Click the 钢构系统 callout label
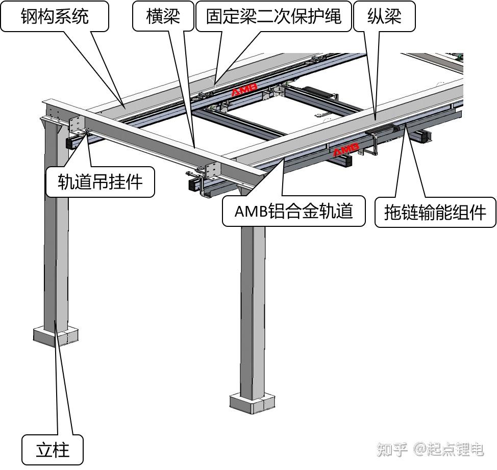(55, 16)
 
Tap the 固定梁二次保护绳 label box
(275, 16)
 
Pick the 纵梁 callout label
(384, 16)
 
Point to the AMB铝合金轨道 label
(293, 211)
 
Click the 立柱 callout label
(53, 450)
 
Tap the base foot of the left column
(56, 336)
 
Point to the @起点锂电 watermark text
(449, 449)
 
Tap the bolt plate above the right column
(213, 170)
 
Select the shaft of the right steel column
(253, 306)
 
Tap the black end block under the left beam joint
(72, 142)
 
